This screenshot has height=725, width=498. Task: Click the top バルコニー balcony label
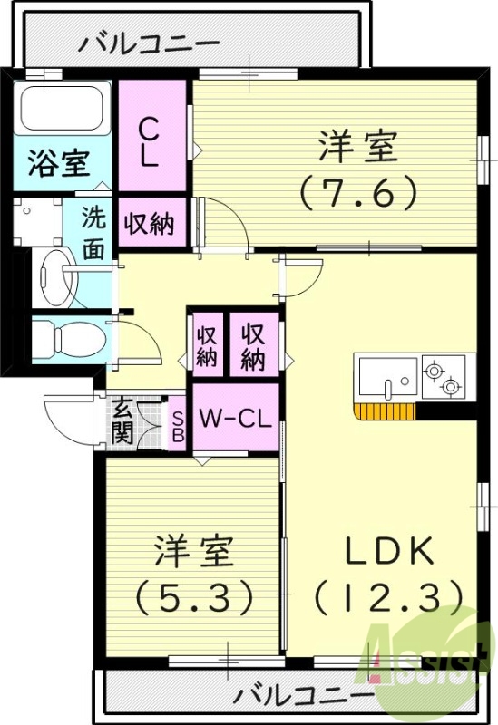[149, 43]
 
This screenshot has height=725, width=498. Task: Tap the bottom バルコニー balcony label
[303, 696]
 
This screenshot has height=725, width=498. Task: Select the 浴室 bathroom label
[59, 164]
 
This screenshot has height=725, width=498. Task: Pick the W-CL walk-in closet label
[235, 420]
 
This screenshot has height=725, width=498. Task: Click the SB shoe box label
[178, 426]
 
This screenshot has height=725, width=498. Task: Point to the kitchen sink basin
[387, 377]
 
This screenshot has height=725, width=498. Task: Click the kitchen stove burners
[442, 378]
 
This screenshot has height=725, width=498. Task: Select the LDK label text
[391, 551]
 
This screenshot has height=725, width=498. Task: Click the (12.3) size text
[391, 595]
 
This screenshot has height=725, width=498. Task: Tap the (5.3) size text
[193, 595]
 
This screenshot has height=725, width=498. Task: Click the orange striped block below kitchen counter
[385, 413]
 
